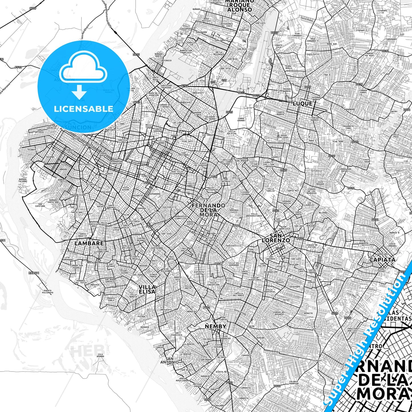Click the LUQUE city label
(x=303, y=103)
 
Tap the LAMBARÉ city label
(x=85, y=243)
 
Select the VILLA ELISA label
(x=147, y=289)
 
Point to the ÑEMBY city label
(x=216, y=326)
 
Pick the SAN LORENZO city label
(x=276, y=238)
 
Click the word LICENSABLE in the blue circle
(x=84, y=109)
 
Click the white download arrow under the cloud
(x=79, y=92)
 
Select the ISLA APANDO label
(x=100, y=356)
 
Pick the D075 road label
(x=136, y=55)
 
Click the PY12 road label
(x=18, y=67)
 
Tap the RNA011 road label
(x=34, y=273)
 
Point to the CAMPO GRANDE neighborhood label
(x=241, y=119)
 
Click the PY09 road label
(x=33, y=9)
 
